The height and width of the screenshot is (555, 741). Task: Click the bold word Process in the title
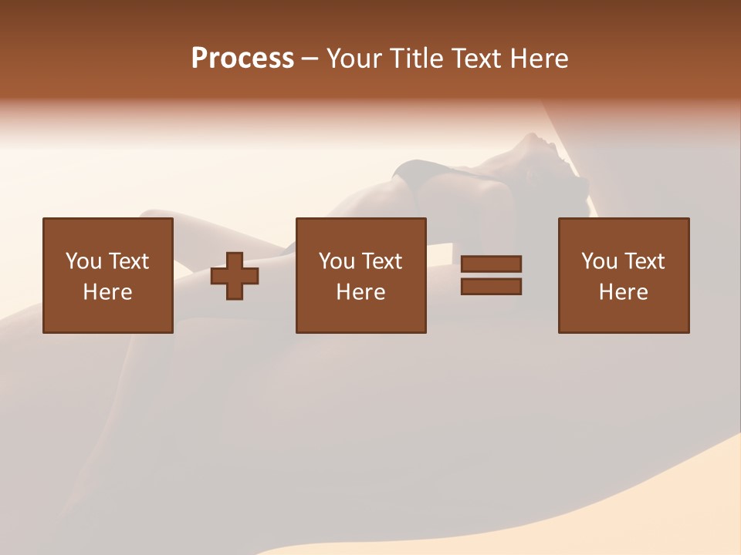pyautogui.click(x=242, y=59)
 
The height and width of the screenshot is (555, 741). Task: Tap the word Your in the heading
pyautogui.click(x=357, y=59)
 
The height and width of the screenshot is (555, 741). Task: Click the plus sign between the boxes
pyautogui.click(x=235, y=276)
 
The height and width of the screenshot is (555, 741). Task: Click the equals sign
pyautogui.click(x=491, y=275)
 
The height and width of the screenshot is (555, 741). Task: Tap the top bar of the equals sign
pyautogui.click(x=491, y=264)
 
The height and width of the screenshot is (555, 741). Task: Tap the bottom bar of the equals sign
pyautogui.click(x=491, y=287)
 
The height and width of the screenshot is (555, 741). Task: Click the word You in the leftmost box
pyautogui.click(x=82, y=261)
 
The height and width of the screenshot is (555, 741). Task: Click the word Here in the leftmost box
pyautogui.click(x=107, y=292)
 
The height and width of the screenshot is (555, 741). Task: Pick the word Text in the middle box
pyautogui.click(x=382, y=261)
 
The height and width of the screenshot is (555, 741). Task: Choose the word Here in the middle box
pyautogui.click(x=360, y=292)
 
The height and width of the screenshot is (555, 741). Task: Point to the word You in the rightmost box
pyautogui.click(x=597, y=261)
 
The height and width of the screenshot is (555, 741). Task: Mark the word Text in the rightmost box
pyautogui.click(x=645, y=261)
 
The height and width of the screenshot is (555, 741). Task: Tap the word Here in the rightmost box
pyautogui.click(x=623, y=292)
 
